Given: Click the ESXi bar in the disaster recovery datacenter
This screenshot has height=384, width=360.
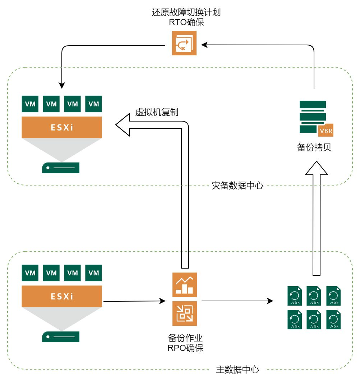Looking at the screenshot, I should click(61, 128).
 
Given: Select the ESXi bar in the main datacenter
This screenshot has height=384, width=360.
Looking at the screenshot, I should click(61, 297).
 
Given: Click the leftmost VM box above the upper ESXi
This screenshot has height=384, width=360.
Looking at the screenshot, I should click(30, 104).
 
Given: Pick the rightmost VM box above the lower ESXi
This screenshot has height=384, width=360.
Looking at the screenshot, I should click(93, 273).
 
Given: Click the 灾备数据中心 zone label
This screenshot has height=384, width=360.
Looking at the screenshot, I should click(237, 186).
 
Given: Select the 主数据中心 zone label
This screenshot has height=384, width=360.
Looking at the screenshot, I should click(237, 370).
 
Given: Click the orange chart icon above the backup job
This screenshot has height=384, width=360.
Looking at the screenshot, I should click(184, 285).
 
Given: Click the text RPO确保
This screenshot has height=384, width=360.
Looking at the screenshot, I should click(185, 348).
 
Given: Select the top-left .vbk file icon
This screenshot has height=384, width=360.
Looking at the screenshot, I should click(295, 297).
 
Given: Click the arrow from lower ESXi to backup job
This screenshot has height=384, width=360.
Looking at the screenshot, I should click(133, 301).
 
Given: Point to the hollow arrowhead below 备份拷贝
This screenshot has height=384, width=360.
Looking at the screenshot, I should click(317, 168).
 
